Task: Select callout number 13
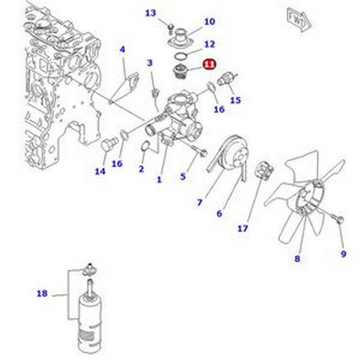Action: (x=150, y=13)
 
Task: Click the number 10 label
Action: (x=209, y=21)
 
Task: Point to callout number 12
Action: (x=209, y=44)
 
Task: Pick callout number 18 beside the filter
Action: (x=42, y=294)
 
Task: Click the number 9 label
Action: (x=343, y=254)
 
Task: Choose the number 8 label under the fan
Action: (x=297, y=258)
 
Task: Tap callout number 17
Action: (x=243, y=229)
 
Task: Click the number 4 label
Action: (x=122, y=49)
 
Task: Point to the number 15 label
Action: (x=235, y=100)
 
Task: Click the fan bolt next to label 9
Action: (x=340, y=220)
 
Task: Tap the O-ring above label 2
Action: (x=145, y=147)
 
